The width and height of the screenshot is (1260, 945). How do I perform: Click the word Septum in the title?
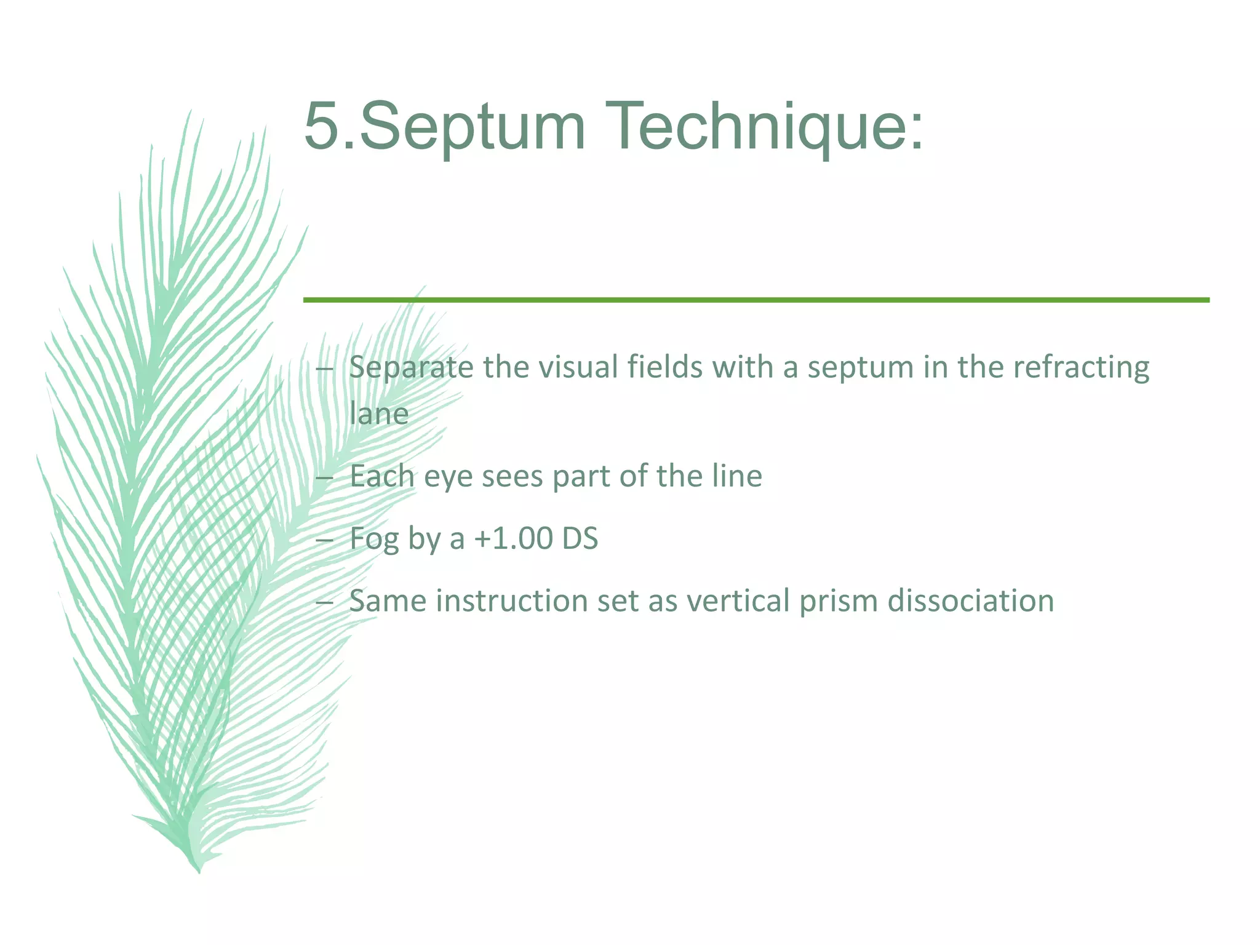coord(472,127)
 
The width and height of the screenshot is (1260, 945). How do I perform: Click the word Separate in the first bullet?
coord(411,369)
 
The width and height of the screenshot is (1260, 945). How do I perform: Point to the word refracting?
coord(1081,369)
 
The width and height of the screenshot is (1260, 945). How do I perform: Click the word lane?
coord(378,414)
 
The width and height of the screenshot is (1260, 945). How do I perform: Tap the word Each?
coord(381,476)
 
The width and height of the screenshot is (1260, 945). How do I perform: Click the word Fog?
coord(374,540)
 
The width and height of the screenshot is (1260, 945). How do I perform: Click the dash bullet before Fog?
coord(324,540)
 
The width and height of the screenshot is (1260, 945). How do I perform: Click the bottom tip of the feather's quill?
coord(199,871)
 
